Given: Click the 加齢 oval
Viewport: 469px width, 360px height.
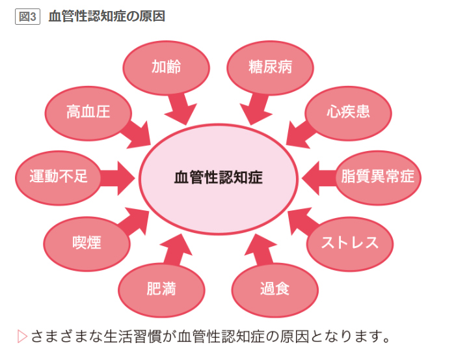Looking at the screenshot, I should [166, 67].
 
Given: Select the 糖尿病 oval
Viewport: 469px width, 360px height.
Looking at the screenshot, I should [270, 67].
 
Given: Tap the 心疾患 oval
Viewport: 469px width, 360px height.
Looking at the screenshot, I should [348, 112].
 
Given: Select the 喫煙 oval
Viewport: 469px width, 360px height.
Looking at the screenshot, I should [87, 243].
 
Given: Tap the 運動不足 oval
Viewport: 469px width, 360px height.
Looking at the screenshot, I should [59, 176].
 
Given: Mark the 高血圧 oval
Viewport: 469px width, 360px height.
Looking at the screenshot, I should [88, 112].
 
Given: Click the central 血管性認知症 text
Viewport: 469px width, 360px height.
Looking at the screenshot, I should [219, 177].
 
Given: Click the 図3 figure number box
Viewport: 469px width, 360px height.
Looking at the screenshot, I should [28, 16].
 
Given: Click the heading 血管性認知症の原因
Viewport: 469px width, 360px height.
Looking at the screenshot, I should [107, 16].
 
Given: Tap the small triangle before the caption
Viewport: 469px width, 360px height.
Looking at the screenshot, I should [21, 337].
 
